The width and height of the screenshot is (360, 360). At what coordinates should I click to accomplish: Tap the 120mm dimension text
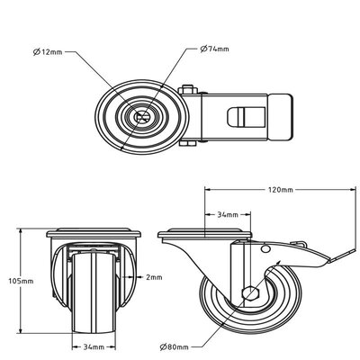pyautogui.click(x=280, y=191)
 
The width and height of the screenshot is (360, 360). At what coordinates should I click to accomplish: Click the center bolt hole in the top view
pyautogui.click(x=141, y=116)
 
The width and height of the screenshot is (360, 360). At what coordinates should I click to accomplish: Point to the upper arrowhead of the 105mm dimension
pyautogui.click(x=20, y=231)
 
